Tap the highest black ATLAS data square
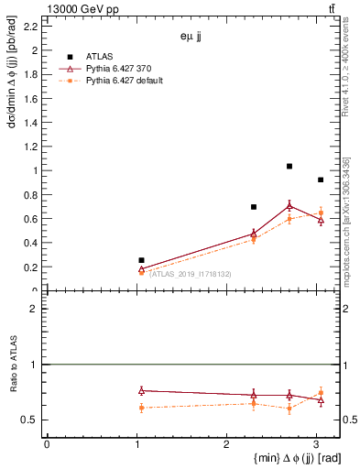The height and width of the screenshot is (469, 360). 289,166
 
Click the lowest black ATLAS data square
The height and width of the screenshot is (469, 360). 141,260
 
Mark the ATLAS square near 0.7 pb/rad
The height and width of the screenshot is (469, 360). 254,207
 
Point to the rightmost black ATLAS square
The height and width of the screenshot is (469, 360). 320,180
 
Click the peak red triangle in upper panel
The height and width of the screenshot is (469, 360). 289,206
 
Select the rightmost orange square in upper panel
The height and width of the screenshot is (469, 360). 320,213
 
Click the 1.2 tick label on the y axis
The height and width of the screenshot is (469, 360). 31,147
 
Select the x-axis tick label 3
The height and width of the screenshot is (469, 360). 316,444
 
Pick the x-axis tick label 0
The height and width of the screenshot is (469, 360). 47,444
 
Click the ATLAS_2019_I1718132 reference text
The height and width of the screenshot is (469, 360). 190,274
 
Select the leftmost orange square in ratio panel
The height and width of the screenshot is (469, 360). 141,408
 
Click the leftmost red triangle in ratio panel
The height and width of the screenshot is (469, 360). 141,391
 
